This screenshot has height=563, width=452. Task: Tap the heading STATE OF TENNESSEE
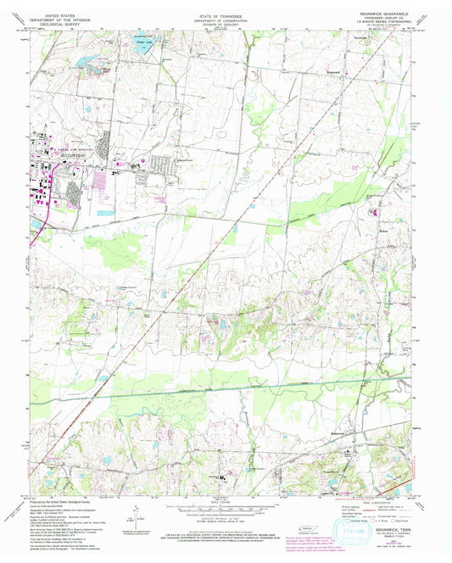pyautogui.click(x=226, y=14)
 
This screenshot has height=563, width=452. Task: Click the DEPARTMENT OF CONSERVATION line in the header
pyautogui.click(x=226, y=20)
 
